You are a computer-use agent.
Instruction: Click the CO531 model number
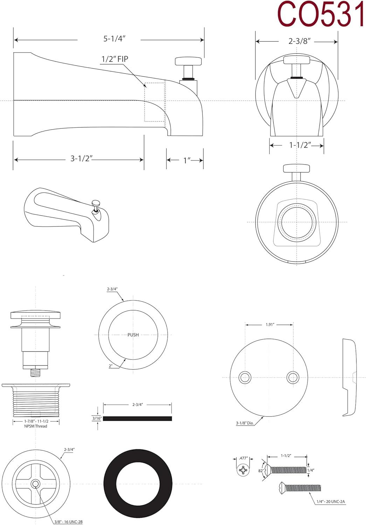(320, 15)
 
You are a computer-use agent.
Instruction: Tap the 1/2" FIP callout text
(115, 59)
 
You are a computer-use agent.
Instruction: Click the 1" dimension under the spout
(187, 160)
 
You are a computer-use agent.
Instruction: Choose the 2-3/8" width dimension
(300, 41)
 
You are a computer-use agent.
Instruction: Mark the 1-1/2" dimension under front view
(300, 145)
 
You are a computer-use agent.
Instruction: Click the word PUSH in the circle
(133, 335)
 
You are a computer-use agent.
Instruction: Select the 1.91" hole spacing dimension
(269, 325)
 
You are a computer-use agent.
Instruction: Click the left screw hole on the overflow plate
(245, 377)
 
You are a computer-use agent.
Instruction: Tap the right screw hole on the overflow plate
(293, 377)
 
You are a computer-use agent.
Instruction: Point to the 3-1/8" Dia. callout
(244, 423)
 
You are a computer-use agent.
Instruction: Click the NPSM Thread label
(36, 426)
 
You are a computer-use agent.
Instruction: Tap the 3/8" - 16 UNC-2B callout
(68, 522)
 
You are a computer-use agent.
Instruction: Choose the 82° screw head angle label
(261, 471)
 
